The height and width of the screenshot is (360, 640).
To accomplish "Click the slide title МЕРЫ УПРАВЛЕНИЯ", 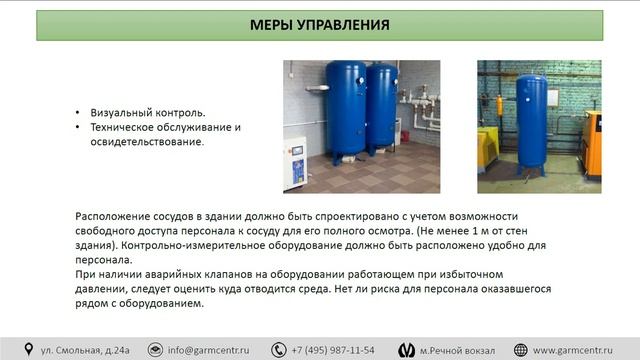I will (x=320, y=25).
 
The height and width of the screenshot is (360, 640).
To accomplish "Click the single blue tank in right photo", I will (x=530, y=120).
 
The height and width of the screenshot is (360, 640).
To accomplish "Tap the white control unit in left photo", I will (x=295, y=160).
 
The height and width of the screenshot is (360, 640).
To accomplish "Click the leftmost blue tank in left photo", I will (x=345, y=110).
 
